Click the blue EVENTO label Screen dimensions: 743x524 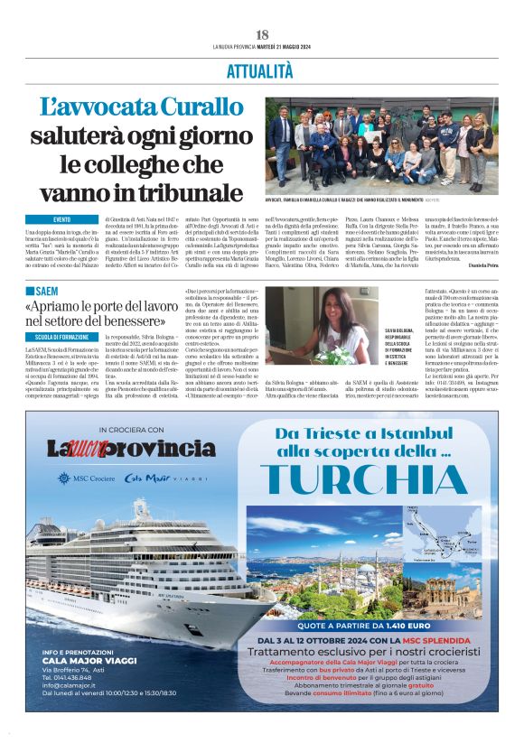coord(61,219)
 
